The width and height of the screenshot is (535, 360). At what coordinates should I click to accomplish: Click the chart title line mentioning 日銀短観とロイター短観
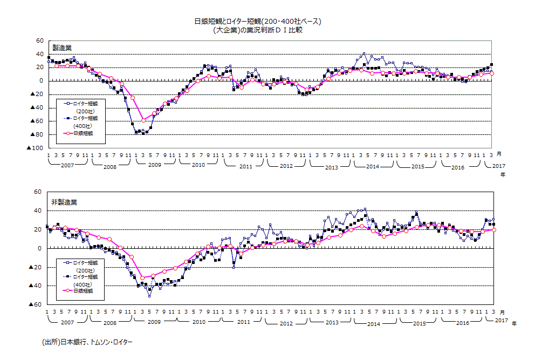point(257,22)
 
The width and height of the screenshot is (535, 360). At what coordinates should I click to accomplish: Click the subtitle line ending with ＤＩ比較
point(257,30)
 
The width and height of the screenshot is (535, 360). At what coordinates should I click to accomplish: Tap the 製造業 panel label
point(61,48)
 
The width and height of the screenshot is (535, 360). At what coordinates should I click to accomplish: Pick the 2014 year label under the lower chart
point(374,323)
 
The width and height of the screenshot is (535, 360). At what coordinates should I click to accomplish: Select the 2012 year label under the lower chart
point(286,323)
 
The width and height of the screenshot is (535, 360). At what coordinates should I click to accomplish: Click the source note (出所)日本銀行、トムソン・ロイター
point(87,342)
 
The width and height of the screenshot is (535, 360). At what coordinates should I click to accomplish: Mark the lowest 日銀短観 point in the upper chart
point(143,120)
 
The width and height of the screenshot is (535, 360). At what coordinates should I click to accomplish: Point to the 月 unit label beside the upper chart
point(499,155)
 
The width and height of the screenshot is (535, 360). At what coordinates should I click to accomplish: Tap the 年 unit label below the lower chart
point(513,323)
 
